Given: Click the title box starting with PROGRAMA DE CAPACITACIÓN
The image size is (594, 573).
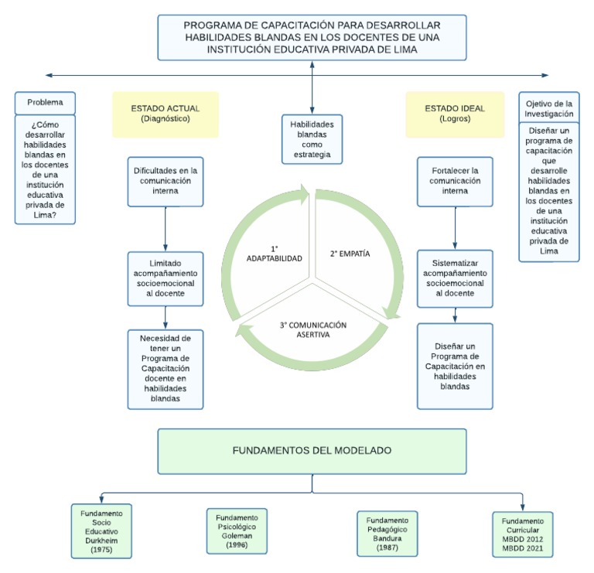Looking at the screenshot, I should click(312, 36).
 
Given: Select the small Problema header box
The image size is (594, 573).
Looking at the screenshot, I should click(45, 103).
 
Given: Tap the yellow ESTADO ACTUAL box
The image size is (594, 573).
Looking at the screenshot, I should click(166, 114).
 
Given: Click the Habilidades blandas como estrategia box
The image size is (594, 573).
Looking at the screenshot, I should click(311, 139).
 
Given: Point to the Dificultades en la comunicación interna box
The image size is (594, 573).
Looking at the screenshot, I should click(166, 182).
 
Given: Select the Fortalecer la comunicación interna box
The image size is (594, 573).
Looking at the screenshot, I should click(455, 182).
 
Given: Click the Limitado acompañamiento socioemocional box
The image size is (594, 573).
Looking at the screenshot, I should click(166, 278).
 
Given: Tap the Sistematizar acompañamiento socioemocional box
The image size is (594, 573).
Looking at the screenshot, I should click(455, 278).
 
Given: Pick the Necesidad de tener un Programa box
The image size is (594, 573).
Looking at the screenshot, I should click(166, 368).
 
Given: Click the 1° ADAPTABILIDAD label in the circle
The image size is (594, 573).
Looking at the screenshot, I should click(274, 254).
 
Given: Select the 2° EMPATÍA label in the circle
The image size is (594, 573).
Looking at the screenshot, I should click(350, 253).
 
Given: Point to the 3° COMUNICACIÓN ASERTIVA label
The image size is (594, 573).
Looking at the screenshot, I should click(312, 331).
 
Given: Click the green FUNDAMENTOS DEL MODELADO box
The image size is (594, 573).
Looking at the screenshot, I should click(312, 450).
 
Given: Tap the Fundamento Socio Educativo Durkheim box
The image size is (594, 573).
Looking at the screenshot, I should click(101, 530).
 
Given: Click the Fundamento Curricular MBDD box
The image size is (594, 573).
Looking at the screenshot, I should click(527, 534).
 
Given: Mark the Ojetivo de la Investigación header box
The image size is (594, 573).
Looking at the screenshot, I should click(549, 108).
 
